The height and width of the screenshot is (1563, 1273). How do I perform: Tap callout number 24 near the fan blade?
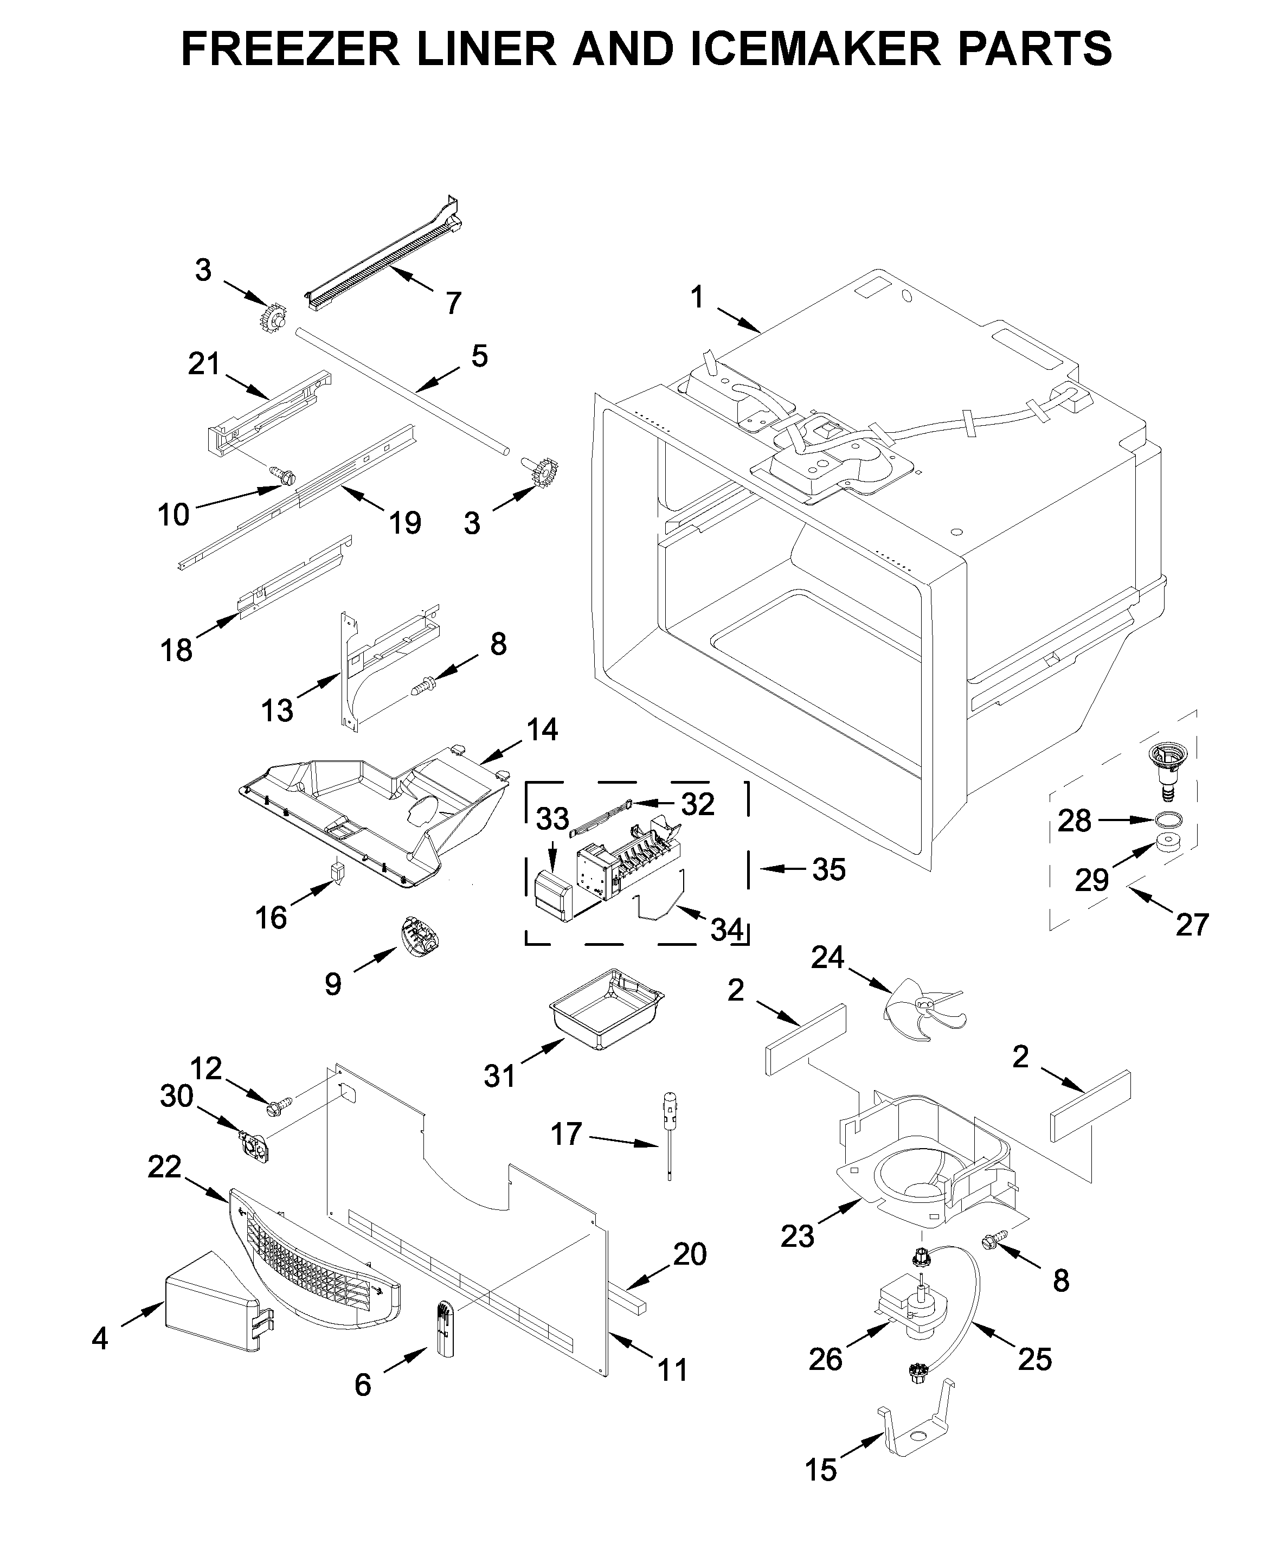pos(827,958)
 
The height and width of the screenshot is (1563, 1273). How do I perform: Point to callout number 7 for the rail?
pos(453,303)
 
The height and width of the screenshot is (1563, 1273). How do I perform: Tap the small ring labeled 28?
pos(1167,819)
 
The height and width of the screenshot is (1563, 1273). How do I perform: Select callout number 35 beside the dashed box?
pos(828,869)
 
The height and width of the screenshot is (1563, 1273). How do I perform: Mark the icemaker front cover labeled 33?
pos(552,894)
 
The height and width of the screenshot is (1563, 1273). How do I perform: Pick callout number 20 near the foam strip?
pos(689,1254)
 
